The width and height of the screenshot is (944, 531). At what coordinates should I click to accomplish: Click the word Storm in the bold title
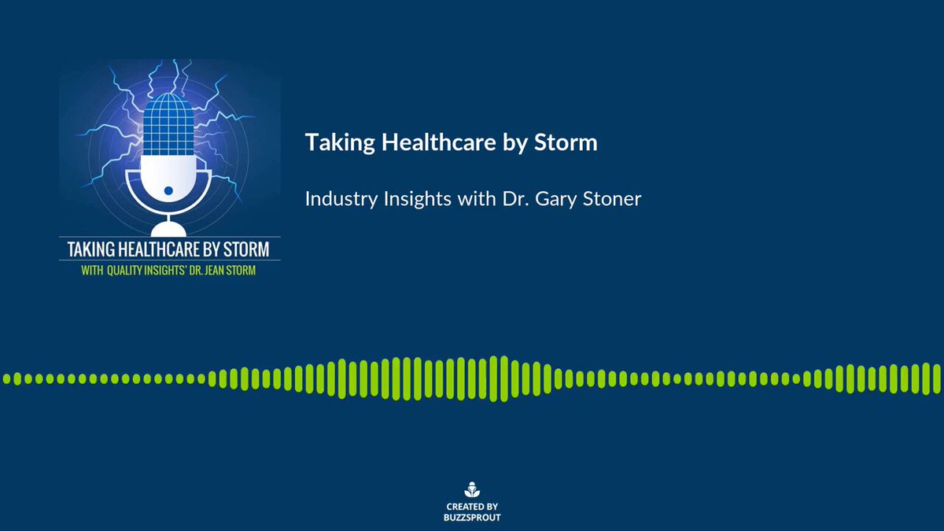click(566, 142)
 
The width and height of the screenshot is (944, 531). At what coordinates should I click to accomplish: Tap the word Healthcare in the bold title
click(439, 142)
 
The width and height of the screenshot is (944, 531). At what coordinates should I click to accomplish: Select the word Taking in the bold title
click(340, 143)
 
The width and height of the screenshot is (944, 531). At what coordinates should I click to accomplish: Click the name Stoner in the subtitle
click(612, 199)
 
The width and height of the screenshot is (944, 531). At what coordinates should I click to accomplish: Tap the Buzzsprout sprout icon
click(472, 489)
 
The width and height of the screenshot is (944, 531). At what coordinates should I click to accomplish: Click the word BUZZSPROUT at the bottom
click(472, 518)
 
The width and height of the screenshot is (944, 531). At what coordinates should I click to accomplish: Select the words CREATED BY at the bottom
click(472, 507)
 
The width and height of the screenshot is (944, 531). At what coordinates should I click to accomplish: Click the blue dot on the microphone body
click(168, 190)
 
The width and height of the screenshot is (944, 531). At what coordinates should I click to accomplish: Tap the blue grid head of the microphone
click(168, 124)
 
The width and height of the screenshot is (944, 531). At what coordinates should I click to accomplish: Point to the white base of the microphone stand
click(168, 230)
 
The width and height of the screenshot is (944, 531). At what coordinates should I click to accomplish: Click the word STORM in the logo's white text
click(246, 249)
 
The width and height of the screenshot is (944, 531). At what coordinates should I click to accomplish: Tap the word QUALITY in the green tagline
click(124, 270)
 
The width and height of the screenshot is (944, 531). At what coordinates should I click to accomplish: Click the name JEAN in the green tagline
click(214, 270)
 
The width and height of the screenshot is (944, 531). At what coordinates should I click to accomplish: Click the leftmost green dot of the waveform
click(7, 378)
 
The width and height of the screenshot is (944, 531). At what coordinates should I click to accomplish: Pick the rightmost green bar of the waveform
click(936, 378)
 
